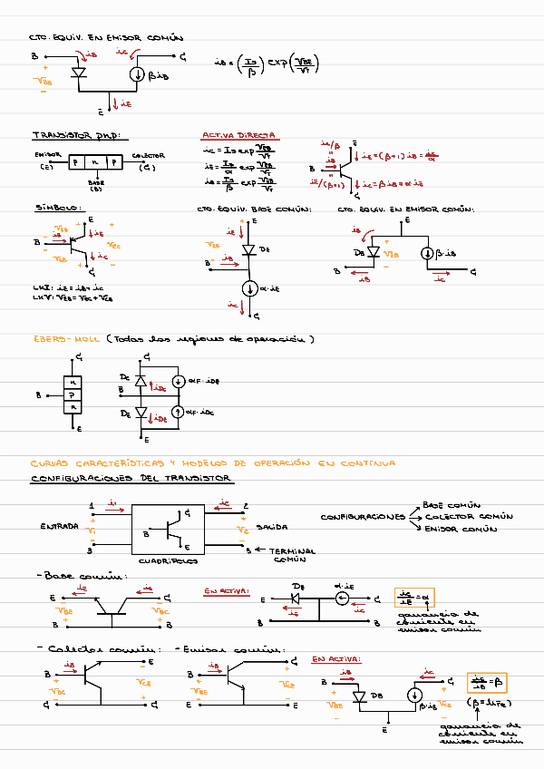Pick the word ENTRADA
coord(58,526)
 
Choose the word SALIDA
coord(272,526)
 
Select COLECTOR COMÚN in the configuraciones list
coord(469,517)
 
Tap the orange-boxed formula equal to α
coord(414,599)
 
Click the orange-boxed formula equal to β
coord(486,682)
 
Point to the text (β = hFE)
coord(487,701)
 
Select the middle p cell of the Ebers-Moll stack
coord(73,395)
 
